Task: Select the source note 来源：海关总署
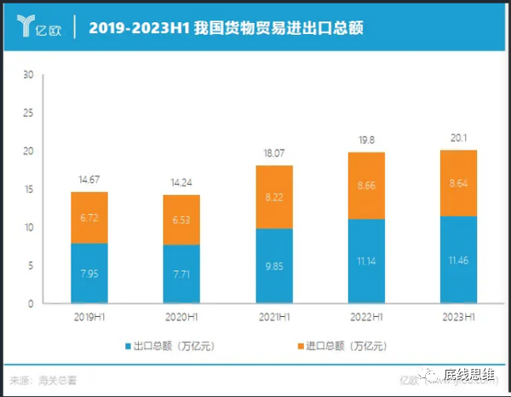48,379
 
